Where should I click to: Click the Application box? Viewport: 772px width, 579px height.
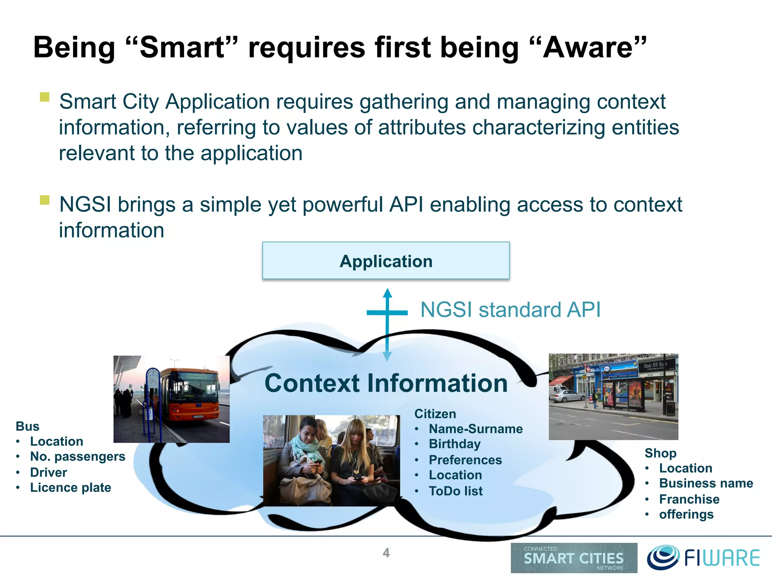click(386, 261)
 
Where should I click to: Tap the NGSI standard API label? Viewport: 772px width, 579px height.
click(510, 310)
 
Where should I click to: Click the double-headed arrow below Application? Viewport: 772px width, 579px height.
click(387, 324)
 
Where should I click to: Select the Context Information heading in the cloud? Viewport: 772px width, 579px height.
click(386, 383)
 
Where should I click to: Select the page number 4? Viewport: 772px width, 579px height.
click(386, 553)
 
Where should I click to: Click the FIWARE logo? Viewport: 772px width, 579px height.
click(703, 558)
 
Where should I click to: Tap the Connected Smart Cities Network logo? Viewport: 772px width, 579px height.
click(574, 558)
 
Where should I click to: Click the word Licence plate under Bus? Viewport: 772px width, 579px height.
click(70, 487)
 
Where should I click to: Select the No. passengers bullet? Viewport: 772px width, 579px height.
click(77, 456)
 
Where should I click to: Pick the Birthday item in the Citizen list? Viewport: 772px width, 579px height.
click(455, 444)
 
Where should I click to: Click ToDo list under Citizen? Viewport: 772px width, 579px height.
click(455, 491)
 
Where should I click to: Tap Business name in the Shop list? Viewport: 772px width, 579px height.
click(706, 483)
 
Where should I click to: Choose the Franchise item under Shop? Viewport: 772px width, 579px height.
click(689, 499)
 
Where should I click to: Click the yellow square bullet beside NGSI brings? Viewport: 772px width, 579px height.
click(45, 200)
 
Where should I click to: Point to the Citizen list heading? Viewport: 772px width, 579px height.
click(435, 414)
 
